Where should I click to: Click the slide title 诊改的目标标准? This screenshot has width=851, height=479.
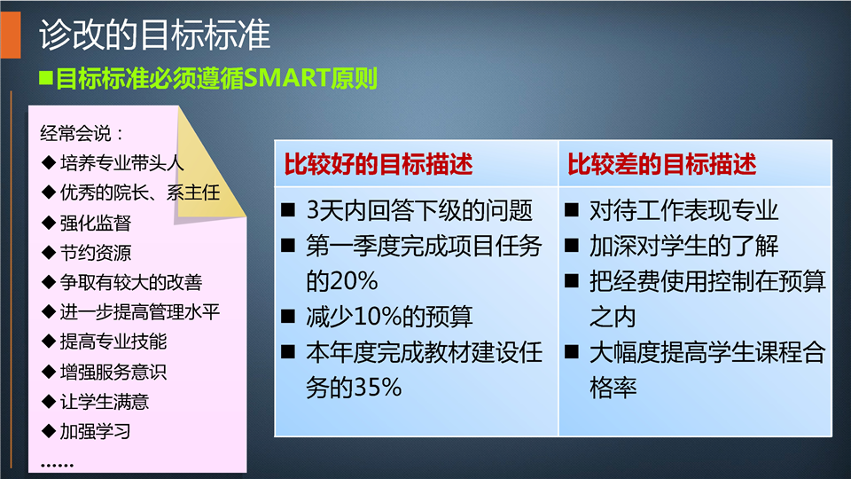[154, 35]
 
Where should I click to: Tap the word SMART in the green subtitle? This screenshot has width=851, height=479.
[287, 79]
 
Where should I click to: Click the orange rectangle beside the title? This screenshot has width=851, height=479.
[11, 35]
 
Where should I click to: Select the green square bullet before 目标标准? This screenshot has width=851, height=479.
[45, 78]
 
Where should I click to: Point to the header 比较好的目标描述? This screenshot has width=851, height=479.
[379, 164]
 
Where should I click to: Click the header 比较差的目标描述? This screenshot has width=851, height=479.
[661, 164]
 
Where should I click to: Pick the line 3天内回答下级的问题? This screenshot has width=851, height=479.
[419, 211]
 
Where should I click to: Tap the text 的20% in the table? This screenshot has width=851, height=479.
[342, 281]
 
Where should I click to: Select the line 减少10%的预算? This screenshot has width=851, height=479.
[389, 317]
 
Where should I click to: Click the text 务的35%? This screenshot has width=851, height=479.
[354, 388]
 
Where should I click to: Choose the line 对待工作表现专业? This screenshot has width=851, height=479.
[683, 211]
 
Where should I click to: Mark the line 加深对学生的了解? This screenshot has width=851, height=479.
[683, 246]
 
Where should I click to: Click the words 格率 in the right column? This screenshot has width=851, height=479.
[613, 388]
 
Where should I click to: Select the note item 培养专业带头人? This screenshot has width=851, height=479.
[122, 163]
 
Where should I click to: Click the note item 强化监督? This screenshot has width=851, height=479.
[96, 223]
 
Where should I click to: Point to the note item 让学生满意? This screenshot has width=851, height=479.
[105, 402]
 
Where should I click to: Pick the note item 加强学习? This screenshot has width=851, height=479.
[96, 432]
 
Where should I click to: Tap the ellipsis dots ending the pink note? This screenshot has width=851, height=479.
[57, 466]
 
